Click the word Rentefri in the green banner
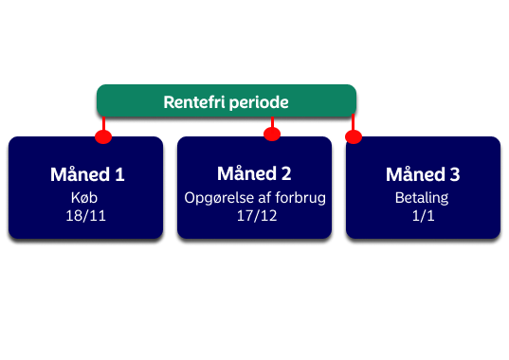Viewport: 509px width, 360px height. pos(194,102)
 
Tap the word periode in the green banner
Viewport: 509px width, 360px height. pos(259,103)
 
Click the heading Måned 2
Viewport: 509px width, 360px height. pos(254,172)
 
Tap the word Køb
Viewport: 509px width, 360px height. pos(84,197)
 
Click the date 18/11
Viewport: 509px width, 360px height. pos(85,216)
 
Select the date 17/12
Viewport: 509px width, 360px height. pos(257,216)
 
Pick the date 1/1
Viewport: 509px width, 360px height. pos(423,216)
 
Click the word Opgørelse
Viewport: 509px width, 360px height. pos(219,198)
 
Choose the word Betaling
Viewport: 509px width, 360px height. pos(422,198)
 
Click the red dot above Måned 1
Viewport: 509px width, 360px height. pos(103,136)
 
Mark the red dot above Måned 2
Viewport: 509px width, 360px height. pos(272,134)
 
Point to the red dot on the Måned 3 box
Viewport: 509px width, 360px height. pos(354,136)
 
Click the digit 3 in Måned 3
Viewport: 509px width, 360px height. pos(455,174)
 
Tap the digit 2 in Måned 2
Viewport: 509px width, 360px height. pos(286,173)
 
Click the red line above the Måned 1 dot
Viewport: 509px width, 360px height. pos(103,123)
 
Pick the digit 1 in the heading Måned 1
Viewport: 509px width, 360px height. pos(120,174)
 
